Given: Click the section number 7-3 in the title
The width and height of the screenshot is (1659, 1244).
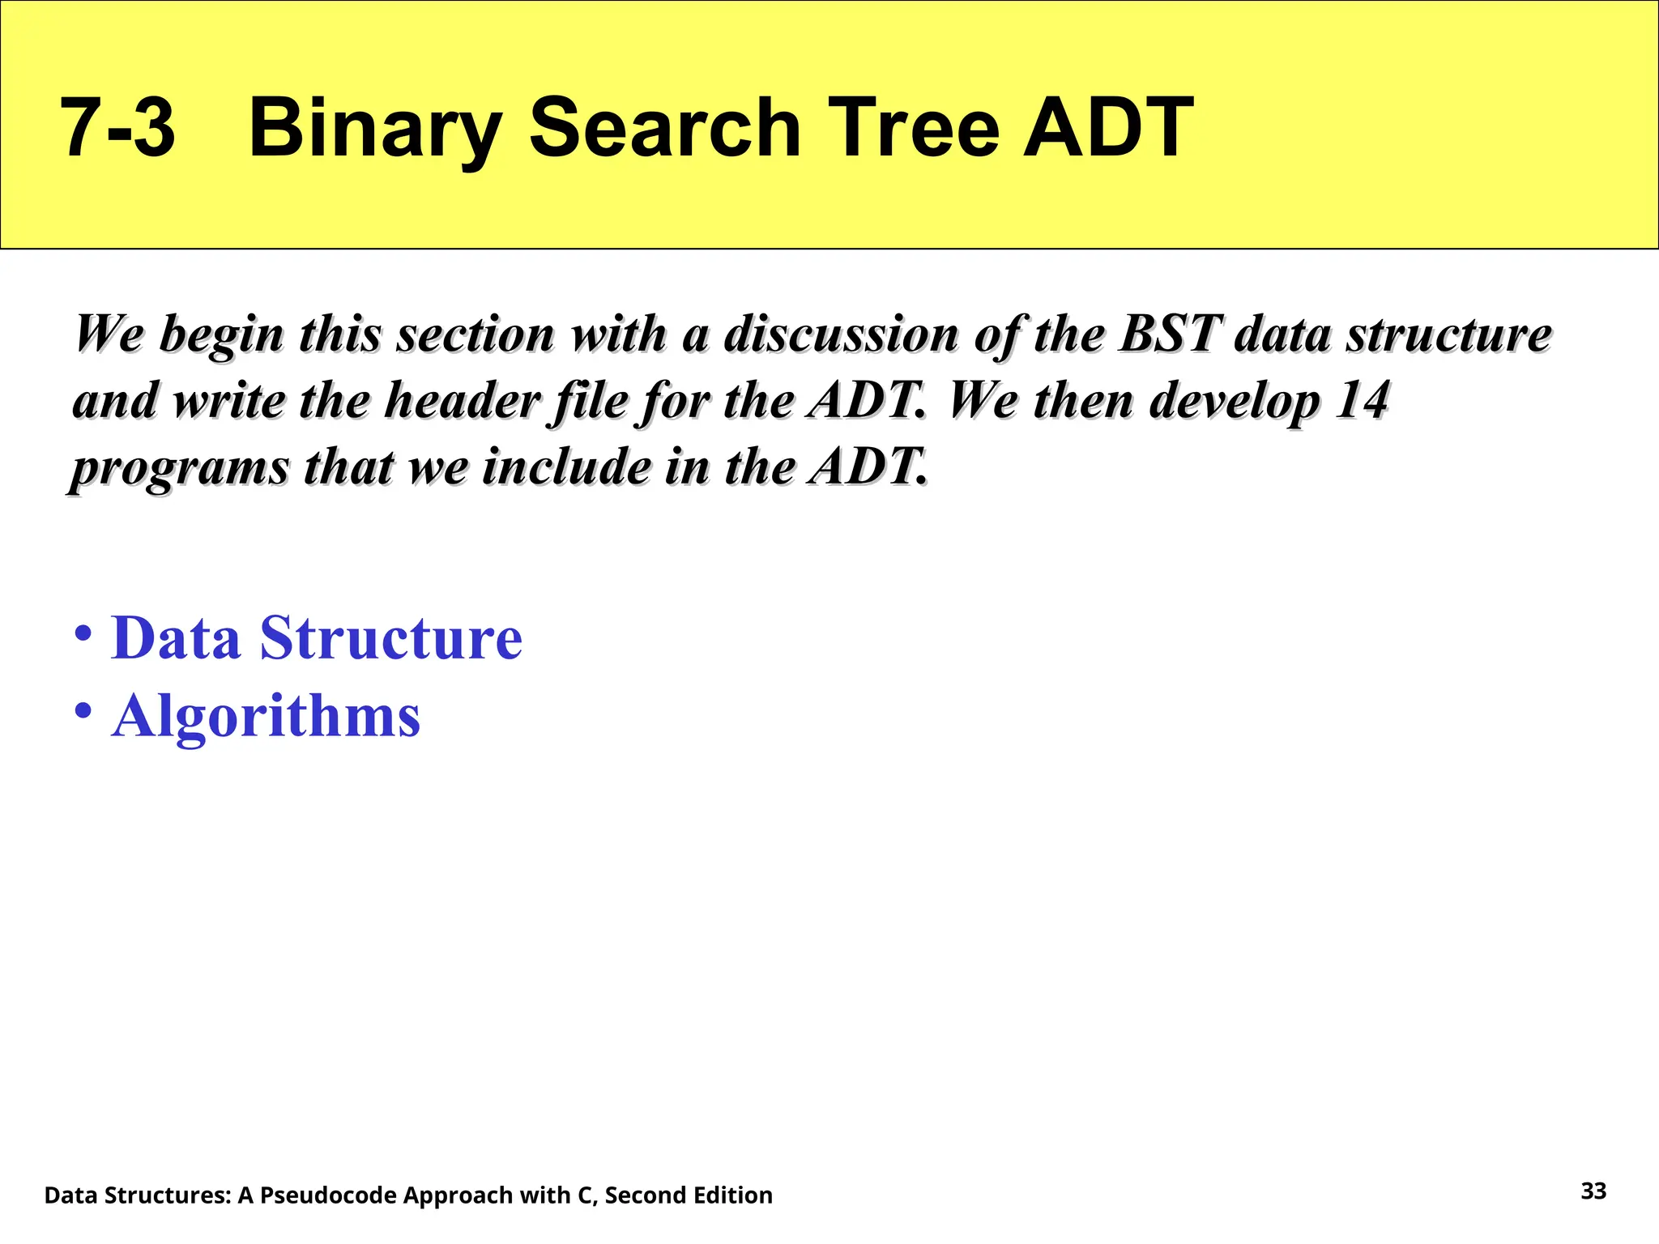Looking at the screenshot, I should coord(117,128).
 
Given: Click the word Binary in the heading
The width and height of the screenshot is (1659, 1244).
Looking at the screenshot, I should coord(374,128).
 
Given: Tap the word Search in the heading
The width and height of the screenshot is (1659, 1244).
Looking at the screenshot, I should coord(664,128).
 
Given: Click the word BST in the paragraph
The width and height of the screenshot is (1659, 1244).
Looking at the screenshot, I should coord(1171,334).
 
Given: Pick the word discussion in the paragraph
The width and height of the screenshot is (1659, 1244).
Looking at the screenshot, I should coord(841,334).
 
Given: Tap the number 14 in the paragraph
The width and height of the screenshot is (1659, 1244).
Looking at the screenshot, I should coord(1363,400).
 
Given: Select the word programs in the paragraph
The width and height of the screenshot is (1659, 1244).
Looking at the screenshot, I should coord(180,468).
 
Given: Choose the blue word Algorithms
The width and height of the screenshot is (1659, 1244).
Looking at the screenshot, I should coord(266,716).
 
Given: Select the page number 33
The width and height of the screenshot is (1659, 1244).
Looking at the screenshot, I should coord(1593,1191).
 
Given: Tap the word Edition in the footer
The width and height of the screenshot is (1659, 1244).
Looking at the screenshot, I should coord(732,1195).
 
